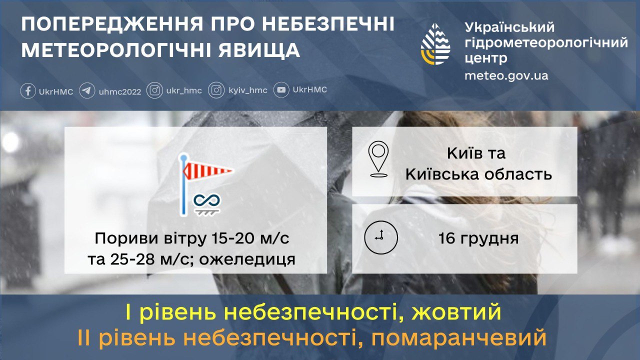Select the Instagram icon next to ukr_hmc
click(155, 91)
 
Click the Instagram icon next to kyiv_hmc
click(216, 91)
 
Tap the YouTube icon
click(282, 90)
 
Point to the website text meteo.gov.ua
click(506, 76)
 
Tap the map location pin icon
click(378, 159)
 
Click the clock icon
click(380, 237)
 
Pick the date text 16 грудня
click(478, 238)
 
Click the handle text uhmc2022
click(120, 91)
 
